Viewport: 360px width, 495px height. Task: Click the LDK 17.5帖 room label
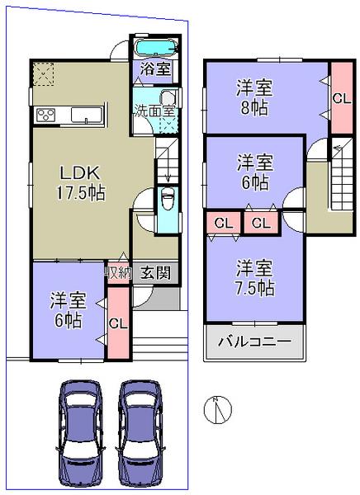click(78, 181)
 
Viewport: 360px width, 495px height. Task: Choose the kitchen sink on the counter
click(85, 115)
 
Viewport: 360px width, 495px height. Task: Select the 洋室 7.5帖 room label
click(254, 278)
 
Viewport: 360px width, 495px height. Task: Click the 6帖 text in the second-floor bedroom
click(254, 181)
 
